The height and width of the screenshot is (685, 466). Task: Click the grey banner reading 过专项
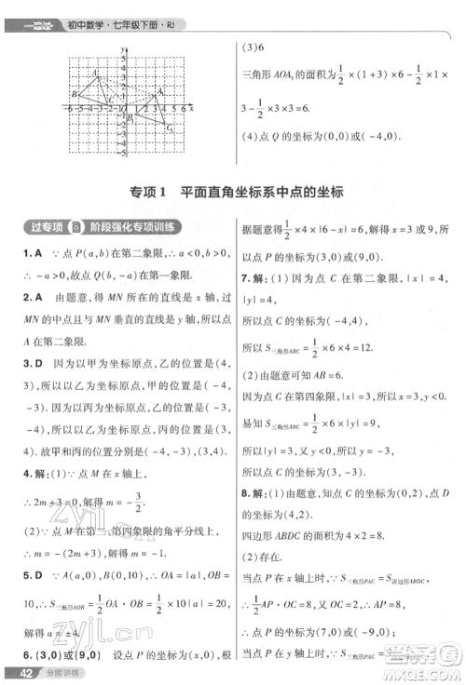[x=47, y=227]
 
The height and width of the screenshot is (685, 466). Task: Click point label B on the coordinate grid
[x=74, y=94]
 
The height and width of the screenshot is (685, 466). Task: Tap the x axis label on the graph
[x=191, y=109]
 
